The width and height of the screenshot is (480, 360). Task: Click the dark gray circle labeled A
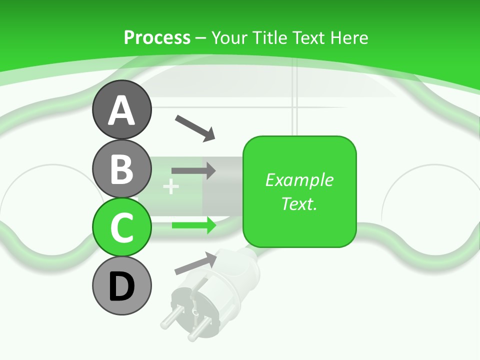click(121, 109)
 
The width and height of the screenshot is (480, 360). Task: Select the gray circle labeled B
click(121, 168)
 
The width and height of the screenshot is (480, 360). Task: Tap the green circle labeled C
click(121, 227)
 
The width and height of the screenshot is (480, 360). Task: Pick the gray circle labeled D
click(121, 285)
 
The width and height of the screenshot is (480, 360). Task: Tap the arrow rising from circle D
click(195, 263)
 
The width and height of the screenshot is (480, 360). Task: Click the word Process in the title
click(157, 37)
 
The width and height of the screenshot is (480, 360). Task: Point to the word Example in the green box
click(299, 180)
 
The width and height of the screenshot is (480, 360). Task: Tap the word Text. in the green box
click(299, 203)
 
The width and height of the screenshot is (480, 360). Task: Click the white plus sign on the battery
click(171, 187)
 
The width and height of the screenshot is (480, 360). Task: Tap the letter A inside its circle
click(121, 110)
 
